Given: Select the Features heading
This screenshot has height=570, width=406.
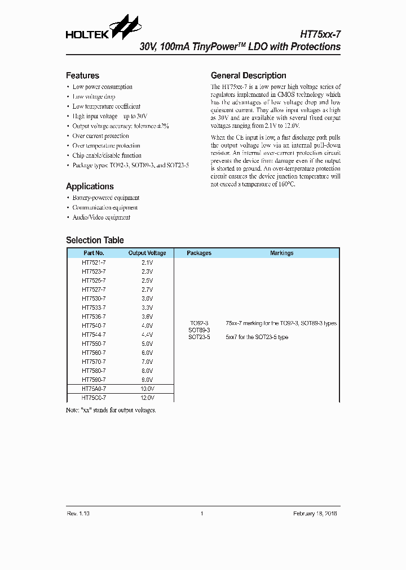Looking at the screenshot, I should click(x=82, y=75).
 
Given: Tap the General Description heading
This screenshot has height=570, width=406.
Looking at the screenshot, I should click(x=248, y=75).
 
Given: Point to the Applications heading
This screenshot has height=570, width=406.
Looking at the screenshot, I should click(x=90, y=186).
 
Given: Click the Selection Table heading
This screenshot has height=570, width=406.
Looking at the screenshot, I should click(x=95, y=240).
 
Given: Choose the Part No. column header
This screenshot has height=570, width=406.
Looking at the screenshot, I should click(x=94, y=253).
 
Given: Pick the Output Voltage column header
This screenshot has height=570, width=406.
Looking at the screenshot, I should click(x=147, y=253).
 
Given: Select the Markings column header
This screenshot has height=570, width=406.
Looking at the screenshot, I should click(x=281, y=253).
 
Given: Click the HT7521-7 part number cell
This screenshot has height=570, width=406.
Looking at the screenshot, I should click(x=94, y=262).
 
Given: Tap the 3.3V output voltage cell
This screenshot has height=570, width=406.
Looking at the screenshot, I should click(x=147, y=308).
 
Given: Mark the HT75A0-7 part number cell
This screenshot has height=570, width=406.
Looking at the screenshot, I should click(x=94, y=389).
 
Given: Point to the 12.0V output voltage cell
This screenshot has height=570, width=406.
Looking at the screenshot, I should click(x=147, y=398).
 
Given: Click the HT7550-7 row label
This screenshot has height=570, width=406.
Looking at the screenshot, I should click(x=94, y=344).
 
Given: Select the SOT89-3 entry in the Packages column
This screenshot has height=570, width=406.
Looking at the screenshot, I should click(x=199, y=330).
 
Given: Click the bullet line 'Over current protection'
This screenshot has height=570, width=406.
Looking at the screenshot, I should click(x=100, y=136).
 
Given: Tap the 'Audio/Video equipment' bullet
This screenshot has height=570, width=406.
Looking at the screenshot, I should click(x=101, y=217).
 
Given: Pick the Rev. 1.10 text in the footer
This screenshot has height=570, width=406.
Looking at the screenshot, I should click(x=78, y=514).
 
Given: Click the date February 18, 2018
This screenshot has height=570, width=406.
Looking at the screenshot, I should click(x=315, y=514).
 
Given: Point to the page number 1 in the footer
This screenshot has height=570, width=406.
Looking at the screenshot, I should click(x=202, y=514).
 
